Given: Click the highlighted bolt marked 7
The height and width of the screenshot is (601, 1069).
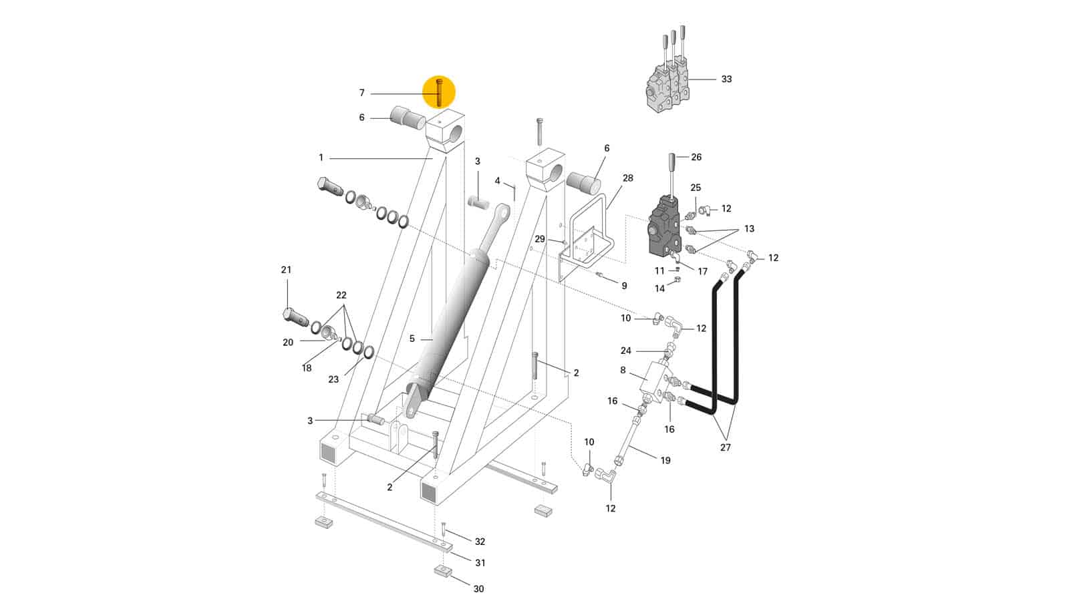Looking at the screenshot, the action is [x=440, y=93].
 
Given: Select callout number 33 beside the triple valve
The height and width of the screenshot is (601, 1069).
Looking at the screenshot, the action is [x=726, y=79].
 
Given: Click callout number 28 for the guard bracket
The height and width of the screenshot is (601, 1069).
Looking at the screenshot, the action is [x=627, y=178].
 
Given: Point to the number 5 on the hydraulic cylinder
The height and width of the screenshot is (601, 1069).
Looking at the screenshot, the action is [x=412, y=339].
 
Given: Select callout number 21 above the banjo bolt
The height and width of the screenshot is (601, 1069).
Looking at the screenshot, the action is [x=286, y=270].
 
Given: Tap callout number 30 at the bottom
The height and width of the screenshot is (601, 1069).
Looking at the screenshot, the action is [x=478, y=588].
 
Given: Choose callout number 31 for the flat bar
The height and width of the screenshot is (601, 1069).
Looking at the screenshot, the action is [x=480, y=563].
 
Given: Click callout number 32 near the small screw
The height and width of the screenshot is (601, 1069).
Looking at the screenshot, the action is [x=480, y=542].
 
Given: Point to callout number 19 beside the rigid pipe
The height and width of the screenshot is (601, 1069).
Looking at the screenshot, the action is [x=665, y=460].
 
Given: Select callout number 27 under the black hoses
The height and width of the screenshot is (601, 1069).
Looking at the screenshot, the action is [x=725, y=447].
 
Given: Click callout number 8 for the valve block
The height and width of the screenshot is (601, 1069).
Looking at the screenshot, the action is [x=623, y=370].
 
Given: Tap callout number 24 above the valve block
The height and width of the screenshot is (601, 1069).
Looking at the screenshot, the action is [x=625, y=351].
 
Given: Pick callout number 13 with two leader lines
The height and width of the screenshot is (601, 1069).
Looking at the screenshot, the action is [x=749, y=229].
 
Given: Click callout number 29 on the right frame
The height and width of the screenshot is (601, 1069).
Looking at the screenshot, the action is [x=539, y=239].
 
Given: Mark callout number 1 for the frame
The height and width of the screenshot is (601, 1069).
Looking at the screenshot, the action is [x=321, y=158].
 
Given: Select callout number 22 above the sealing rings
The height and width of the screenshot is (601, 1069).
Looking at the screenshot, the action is [x=341, y=295].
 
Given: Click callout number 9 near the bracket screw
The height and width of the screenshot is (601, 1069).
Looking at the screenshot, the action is [x=624, y=286].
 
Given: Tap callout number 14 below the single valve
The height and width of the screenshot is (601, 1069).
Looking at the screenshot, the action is [x=659, y=288].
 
